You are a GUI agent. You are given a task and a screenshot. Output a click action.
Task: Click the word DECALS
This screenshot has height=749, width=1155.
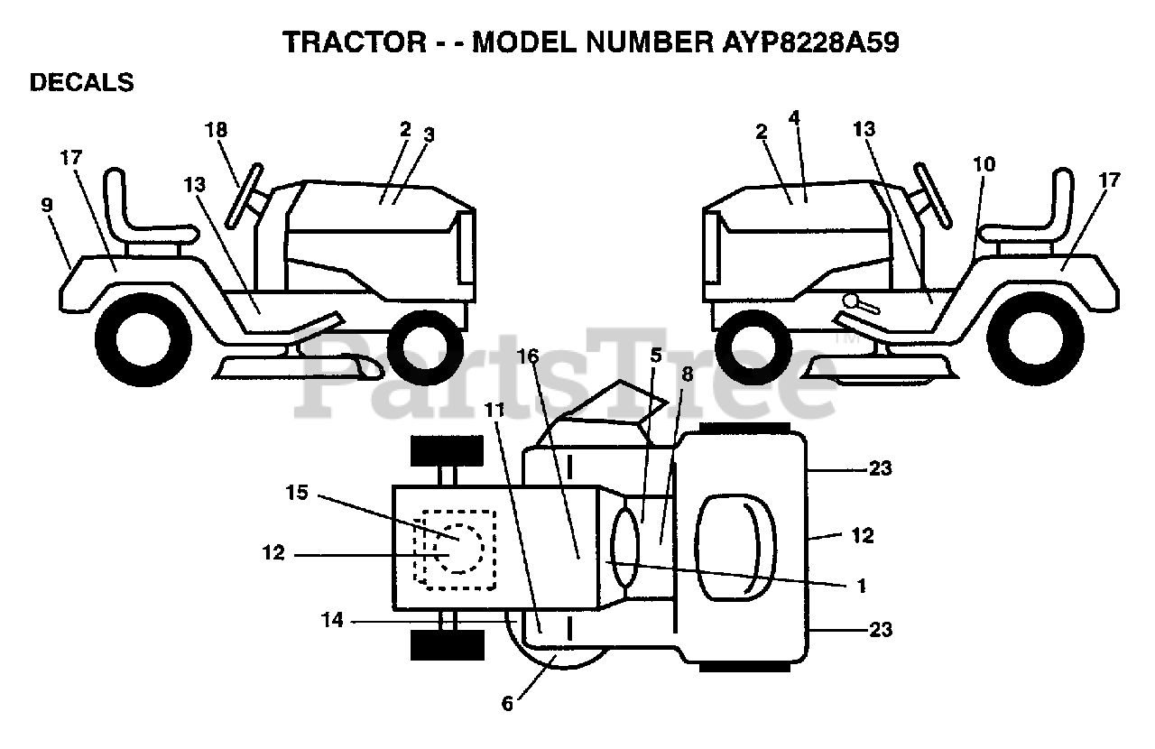[81, 83]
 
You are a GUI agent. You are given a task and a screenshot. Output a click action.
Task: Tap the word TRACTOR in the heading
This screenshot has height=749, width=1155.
[351, 42]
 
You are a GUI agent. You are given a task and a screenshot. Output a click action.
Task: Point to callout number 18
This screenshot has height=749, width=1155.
[215, 130]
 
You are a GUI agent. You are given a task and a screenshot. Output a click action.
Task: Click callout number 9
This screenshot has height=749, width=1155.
[47, 205]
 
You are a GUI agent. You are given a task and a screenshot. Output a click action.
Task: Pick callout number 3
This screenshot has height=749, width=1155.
[429, 135]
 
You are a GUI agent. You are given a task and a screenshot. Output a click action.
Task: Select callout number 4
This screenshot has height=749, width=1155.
[794, 117]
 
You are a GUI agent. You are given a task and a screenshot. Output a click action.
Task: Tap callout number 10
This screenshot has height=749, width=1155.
[984, 164]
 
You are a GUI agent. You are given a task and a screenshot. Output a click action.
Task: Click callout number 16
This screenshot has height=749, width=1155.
[529, 357]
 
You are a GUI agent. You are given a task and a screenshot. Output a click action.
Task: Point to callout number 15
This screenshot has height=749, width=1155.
[297, 494]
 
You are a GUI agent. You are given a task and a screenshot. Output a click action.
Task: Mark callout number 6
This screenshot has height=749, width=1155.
[507, 703]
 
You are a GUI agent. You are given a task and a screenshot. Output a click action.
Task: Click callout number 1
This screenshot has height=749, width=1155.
[861, 586]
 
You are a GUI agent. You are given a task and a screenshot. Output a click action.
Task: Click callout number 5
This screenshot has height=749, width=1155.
[656, 356]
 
